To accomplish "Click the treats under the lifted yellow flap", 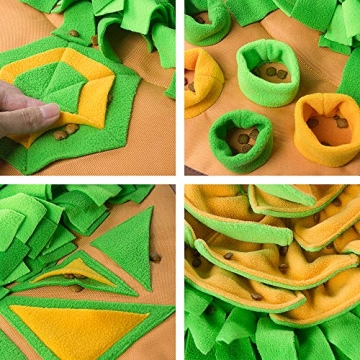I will (x=66, y=131).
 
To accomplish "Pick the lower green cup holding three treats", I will (x=240, y=139).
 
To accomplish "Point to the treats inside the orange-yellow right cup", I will (x=330, y=120).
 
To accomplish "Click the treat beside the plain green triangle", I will (x=156, y=258).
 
